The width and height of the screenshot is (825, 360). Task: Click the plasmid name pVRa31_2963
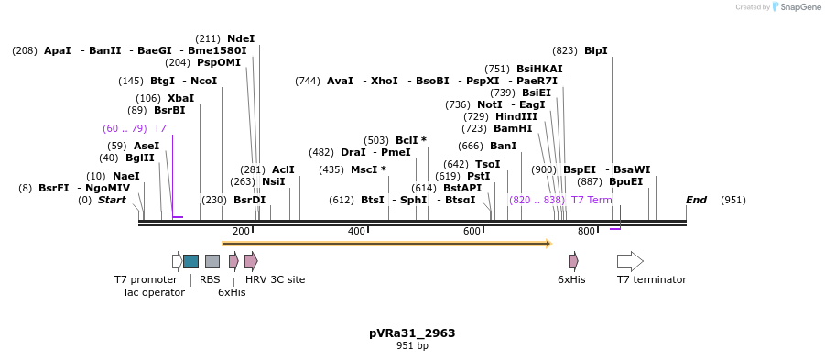coord(411,333)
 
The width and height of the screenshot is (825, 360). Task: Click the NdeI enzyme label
coord(241,38)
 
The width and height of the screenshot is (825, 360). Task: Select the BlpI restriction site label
coord(595,50)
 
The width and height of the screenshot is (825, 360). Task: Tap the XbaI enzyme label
coord(180,98)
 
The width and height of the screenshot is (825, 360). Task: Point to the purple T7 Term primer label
coord(592,200)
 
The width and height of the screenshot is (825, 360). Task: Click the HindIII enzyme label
coord(516,116)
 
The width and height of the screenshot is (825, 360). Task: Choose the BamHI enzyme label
coord(512,128)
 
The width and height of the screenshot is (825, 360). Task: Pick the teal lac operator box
coord(190,261)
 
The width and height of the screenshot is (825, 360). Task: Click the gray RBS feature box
coord(212,261)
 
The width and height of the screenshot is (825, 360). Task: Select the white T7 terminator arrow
coord(630,261)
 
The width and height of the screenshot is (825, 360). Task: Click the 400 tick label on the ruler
coord(356,231)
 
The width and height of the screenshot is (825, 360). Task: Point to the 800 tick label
coord(586,231)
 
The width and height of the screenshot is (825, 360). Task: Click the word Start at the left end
coord(112,200)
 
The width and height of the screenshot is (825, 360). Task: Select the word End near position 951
coord(696,200)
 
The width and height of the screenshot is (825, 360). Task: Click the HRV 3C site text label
coord(275,279)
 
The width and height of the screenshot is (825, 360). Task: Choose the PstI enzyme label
coord(478,176)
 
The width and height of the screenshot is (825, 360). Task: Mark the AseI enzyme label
coord(147,146)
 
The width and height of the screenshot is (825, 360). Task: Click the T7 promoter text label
coord(146,279)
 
